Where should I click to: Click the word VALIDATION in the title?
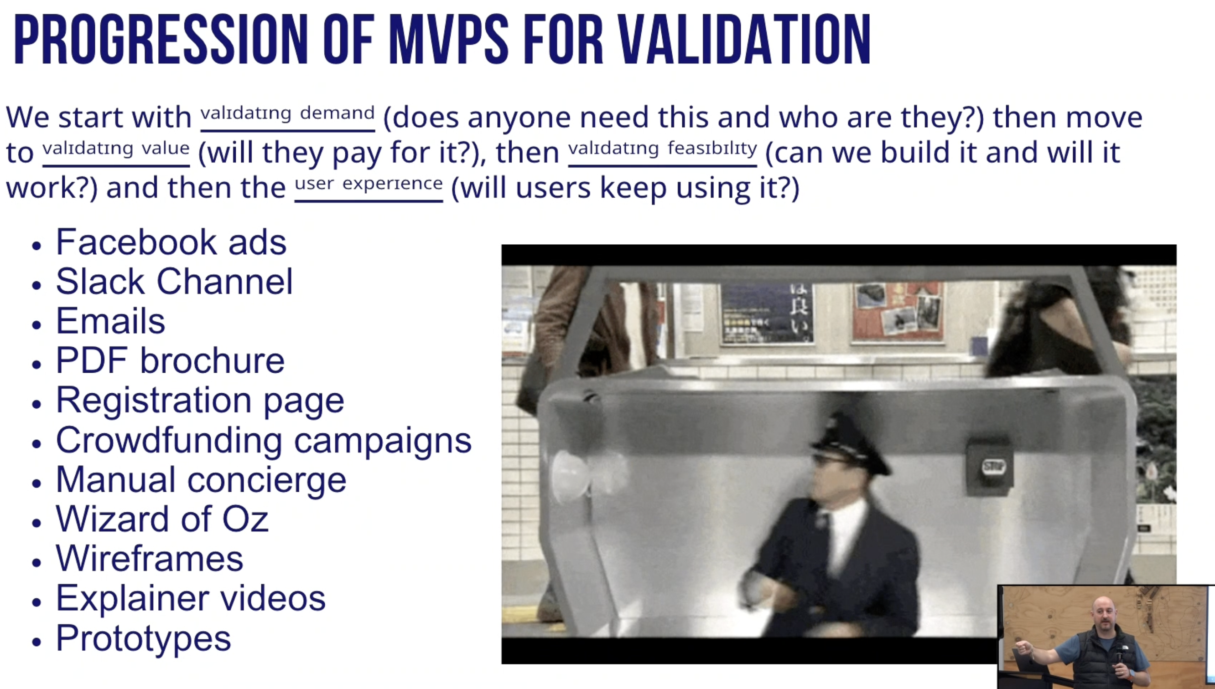click(x=744, y=39)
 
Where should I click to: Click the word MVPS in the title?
click(x=449, y=39)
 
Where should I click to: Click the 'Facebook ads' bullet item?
click(x=171, y=242)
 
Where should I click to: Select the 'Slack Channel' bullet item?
click(x=174, y=282)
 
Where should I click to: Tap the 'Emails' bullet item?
click(x=110, y=321)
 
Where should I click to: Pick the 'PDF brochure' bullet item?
click(x=170, y=360)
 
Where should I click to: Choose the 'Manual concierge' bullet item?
click(x=201, y=480)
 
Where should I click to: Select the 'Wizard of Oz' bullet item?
click(x=162, y=519)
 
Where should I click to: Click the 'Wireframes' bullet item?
click(x=150, y=559)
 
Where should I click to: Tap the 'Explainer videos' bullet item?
click(x=191, y=599)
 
